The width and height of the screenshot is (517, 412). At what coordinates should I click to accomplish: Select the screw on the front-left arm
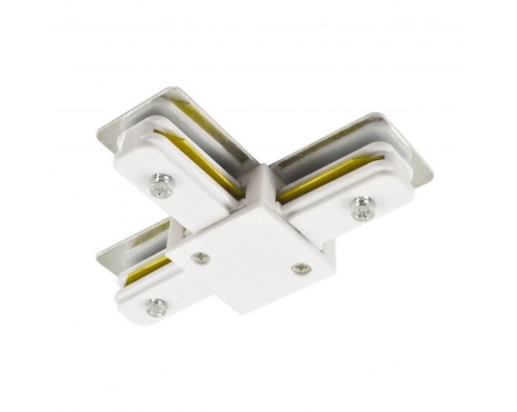tap(154, 306)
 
